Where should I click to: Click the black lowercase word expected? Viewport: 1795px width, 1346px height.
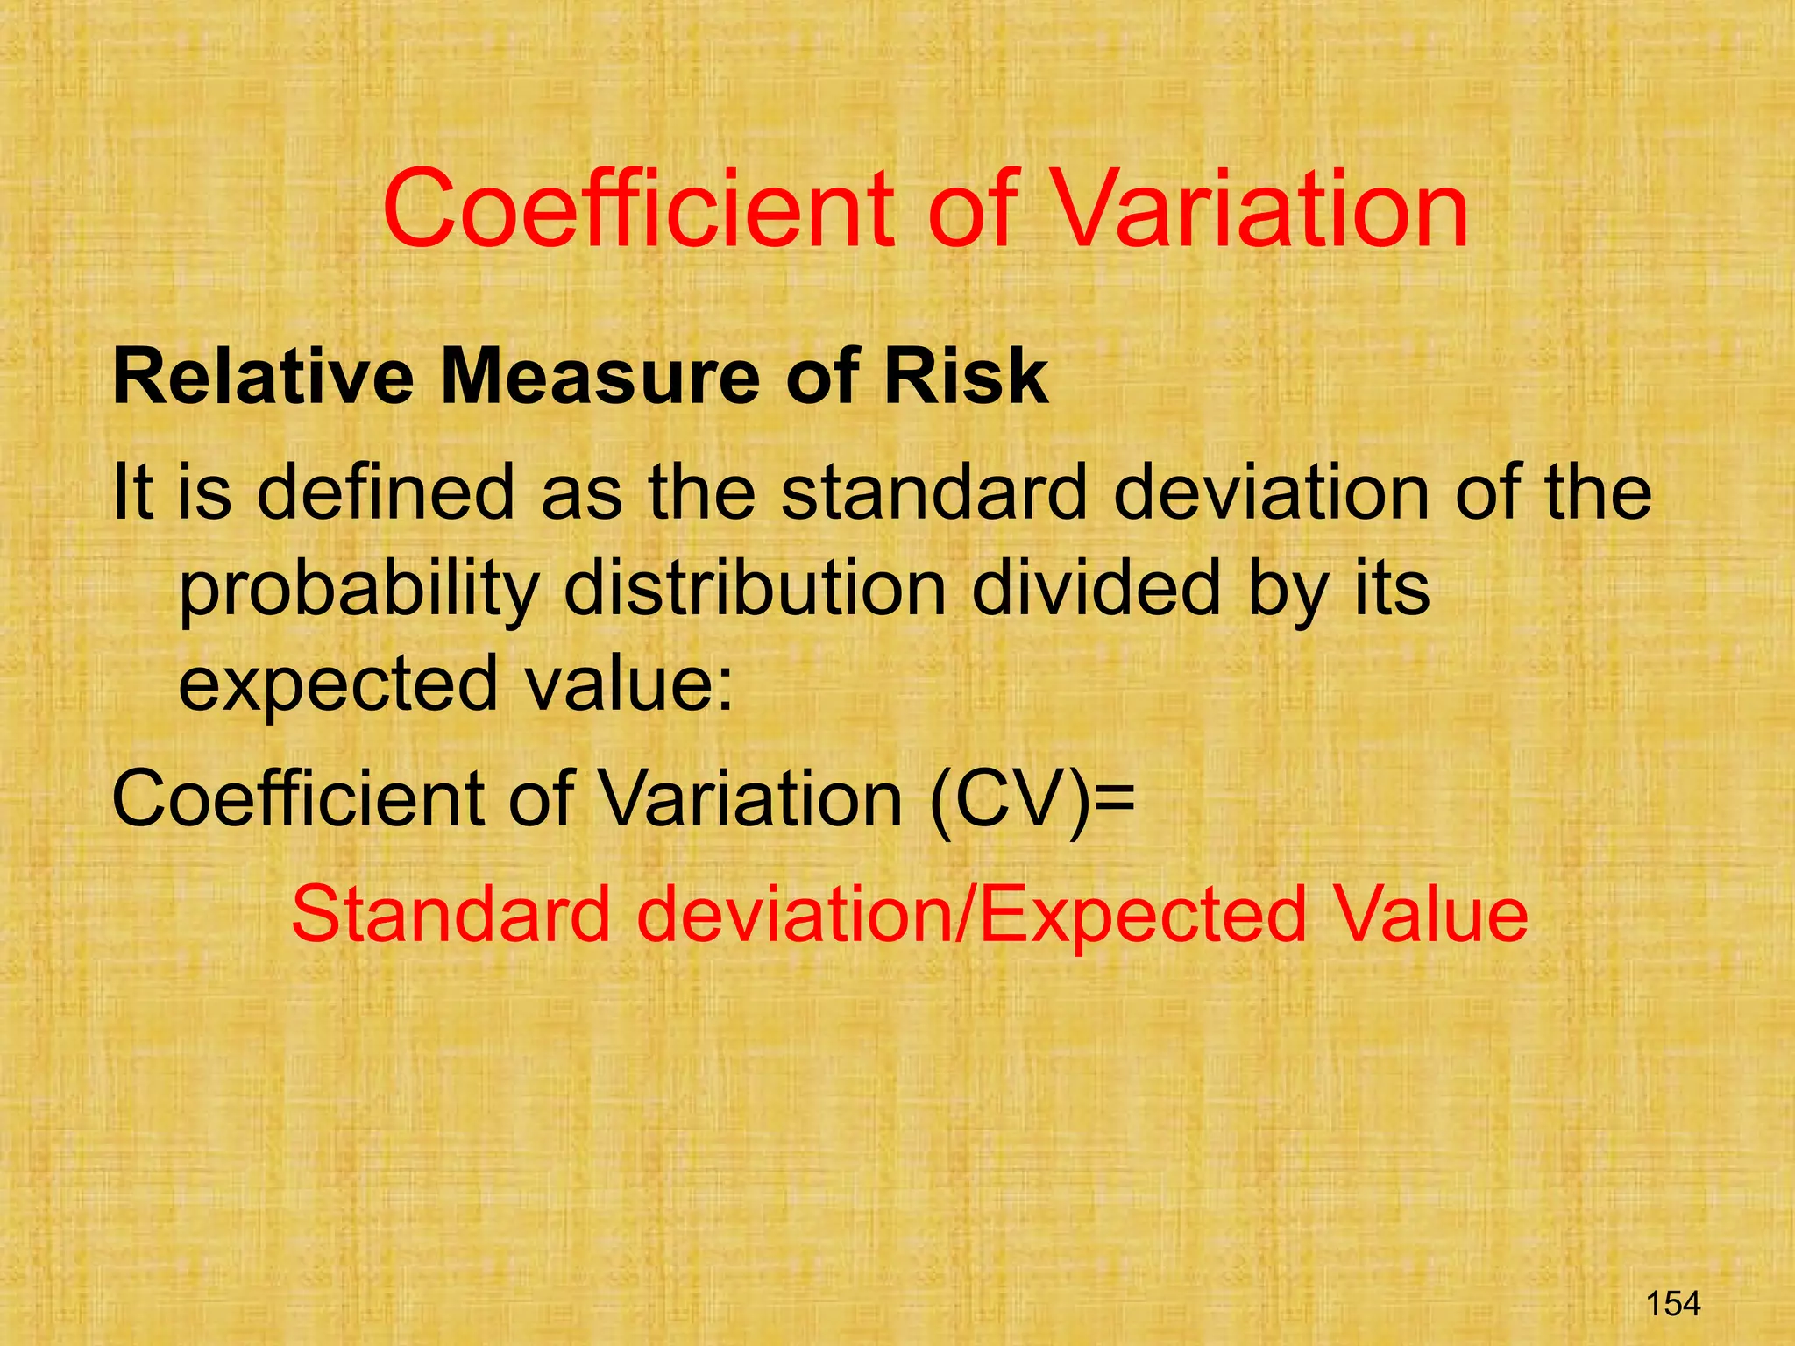pyautogui.click(x=338, y=685)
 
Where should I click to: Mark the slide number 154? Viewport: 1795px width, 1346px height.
pyautogui.click(x=1673, y=1303)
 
